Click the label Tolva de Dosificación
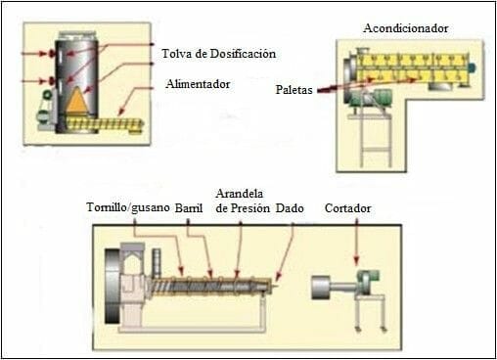pyautogui.click(x=219, y=52)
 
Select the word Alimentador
pyautogui.click(x=198, y=84)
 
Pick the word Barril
pyautogui.click(x=189, y=208)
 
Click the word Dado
pyautogui.click(x=289, y=208)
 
